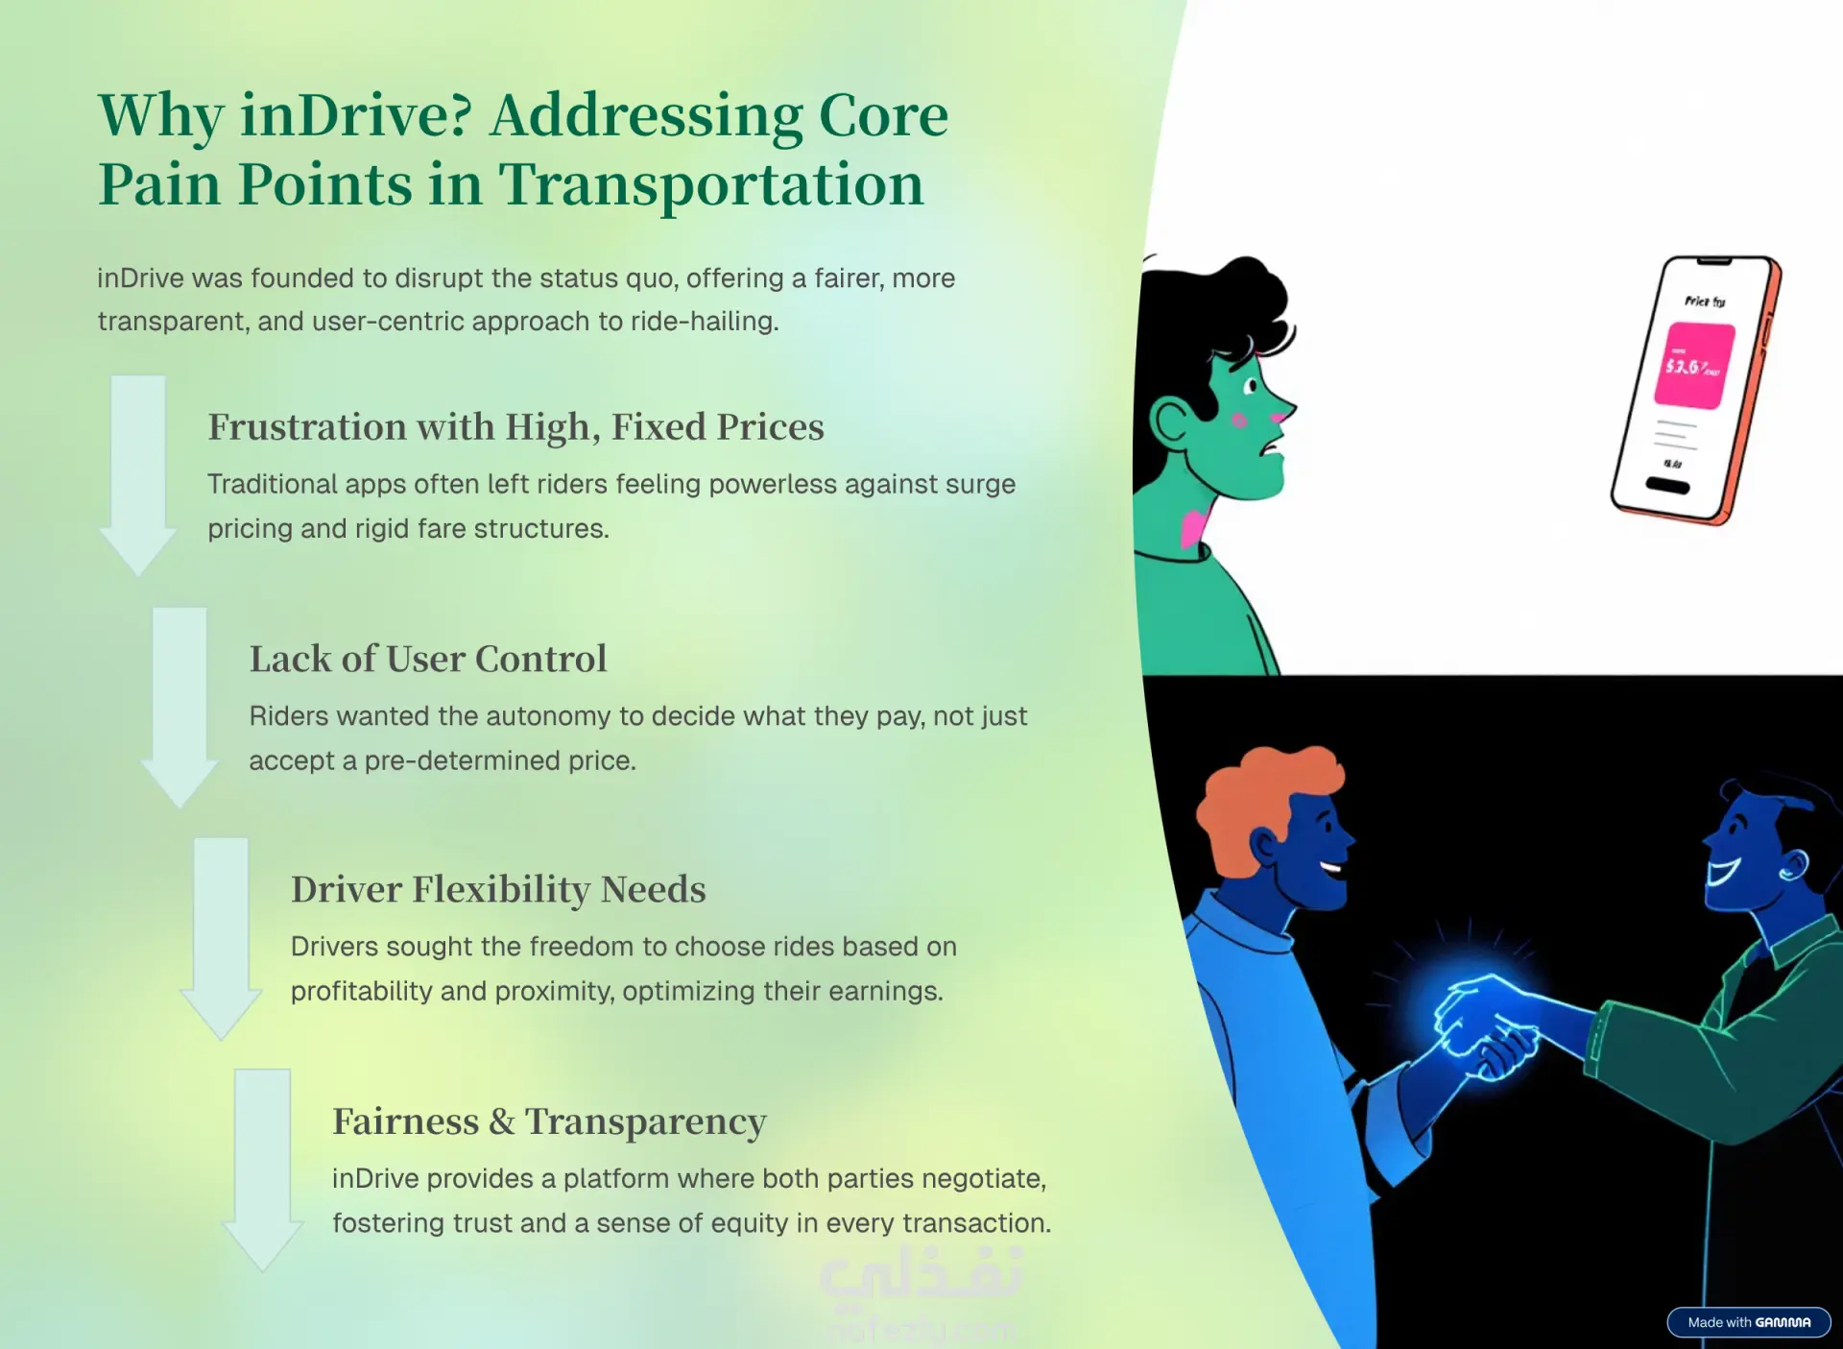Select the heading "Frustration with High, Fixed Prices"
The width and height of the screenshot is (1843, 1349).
[x=515, y=427]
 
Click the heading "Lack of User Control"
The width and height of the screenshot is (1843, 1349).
[x=428, y=659]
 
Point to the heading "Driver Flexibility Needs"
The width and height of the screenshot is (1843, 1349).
[x=498, y=890]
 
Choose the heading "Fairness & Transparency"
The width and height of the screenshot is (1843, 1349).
[x=549, y=1121]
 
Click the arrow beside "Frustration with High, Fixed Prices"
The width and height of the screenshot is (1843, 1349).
[x=138, y=475]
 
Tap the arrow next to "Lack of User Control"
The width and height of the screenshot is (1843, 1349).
[x=180, y=708]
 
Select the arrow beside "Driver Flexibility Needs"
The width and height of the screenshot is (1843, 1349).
[x=221, y=939]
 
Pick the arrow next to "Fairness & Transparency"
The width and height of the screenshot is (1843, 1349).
[x=262, y=1170]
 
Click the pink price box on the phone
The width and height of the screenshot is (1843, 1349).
[x=1694, y=366]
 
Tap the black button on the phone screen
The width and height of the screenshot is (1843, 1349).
[x=1667, y=485]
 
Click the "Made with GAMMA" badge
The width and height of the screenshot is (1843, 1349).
[x=1749, y=1322]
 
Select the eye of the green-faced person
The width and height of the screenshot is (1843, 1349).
[x=1250, y=386]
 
